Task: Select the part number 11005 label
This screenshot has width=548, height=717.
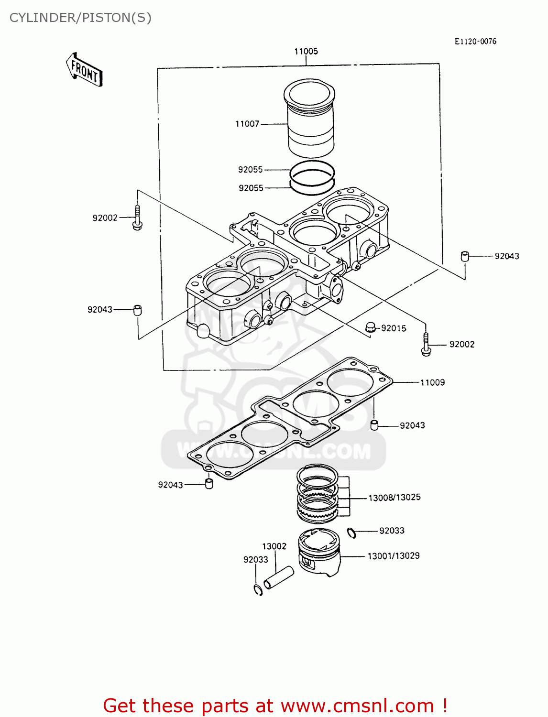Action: click(x=306, y=52)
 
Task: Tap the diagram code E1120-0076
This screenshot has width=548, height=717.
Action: click(x=475, y=42)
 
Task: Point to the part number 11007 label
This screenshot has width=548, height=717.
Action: click(x=247, y=124)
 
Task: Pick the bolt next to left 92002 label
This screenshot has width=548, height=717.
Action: click(x=137, y=218)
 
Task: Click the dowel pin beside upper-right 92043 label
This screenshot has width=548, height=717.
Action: click(x=464, y=256)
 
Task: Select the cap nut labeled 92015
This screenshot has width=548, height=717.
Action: click(x=370, y=327)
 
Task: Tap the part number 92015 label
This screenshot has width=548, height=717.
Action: click(x=394, y=328)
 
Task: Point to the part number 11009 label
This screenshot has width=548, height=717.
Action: click(x=432, y=382)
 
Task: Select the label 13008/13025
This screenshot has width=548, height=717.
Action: click(x=395, y=498)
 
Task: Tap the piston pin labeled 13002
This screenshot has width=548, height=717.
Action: click(x=279, y=577)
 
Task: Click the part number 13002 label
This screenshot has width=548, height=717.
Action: click(x=274, y=546)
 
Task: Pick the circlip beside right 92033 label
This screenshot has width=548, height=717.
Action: click(x=351, y=532)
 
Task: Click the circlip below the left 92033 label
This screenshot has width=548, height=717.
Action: click(x=258, y=590)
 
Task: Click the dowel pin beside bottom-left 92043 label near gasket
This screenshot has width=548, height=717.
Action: click(x=209, y=483)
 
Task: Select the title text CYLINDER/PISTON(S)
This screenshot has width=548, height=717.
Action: click(x=80, y=18)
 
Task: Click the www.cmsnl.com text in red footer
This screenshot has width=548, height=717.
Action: click(x=357, y=706)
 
